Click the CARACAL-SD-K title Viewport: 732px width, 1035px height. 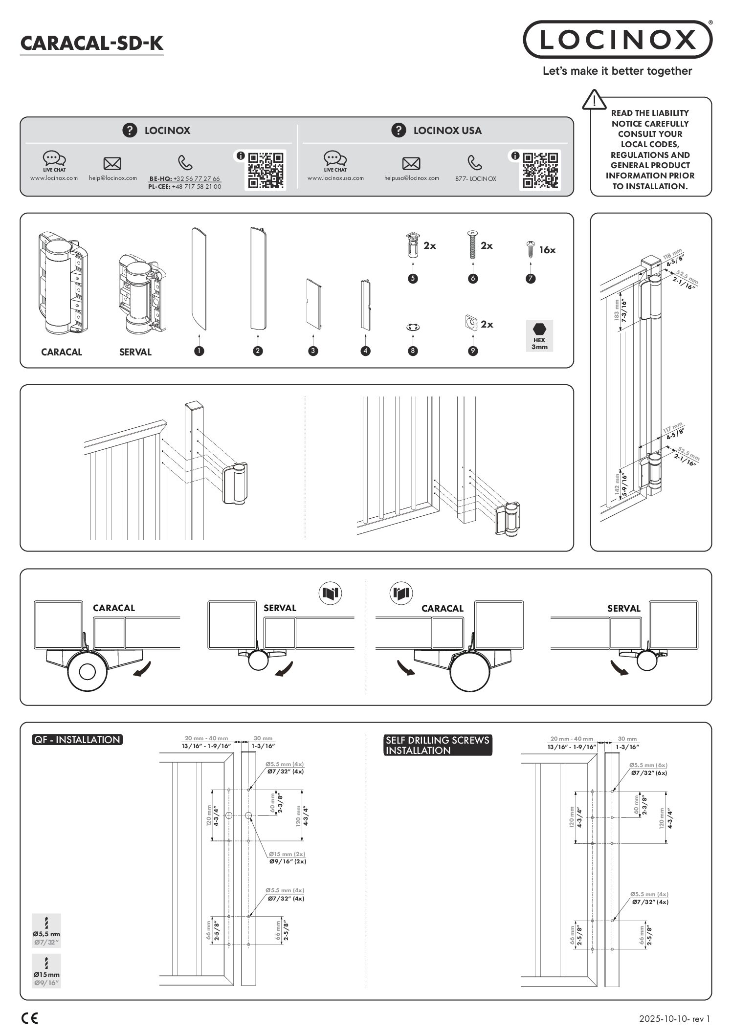91,44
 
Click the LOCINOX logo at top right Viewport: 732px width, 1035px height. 618,40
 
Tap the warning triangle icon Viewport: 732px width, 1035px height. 594,100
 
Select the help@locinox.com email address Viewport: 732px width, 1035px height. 113,178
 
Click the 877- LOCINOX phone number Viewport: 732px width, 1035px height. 475,179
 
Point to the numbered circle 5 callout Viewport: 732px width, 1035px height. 413,279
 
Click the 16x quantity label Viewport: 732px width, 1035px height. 547,250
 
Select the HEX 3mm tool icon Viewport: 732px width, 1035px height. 539,335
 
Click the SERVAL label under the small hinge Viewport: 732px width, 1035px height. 135,352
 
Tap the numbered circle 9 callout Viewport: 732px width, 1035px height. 473,351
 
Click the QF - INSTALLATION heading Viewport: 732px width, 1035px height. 77,740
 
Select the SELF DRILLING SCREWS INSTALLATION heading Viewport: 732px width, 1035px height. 437,745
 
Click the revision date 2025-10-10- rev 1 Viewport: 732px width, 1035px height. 674,1019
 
